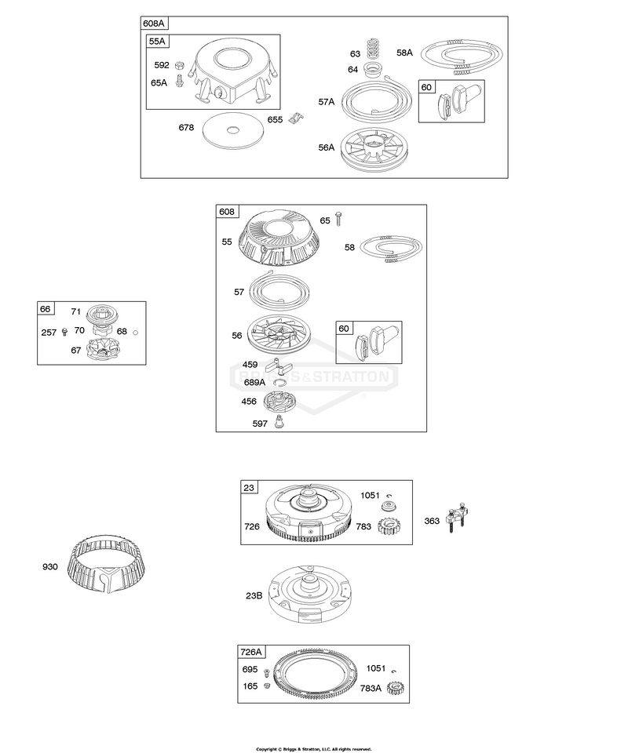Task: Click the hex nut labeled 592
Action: coord(178,64)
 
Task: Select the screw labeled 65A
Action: coord(179,81)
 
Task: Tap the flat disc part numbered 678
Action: coord(232,129)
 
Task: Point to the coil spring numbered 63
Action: coord(374,49)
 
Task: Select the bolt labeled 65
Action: coord(339,220)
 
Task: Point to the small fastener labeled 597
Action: coord(278,422)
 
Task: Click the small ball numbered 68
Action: coord(135,332)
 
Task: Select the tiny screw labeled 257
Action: coord(65,331)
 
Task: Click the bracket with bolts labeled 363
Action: coord(457,518)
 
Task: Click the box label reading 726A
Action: coord(251,652)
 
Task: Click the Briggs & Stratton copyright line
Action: coord(314,749)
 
